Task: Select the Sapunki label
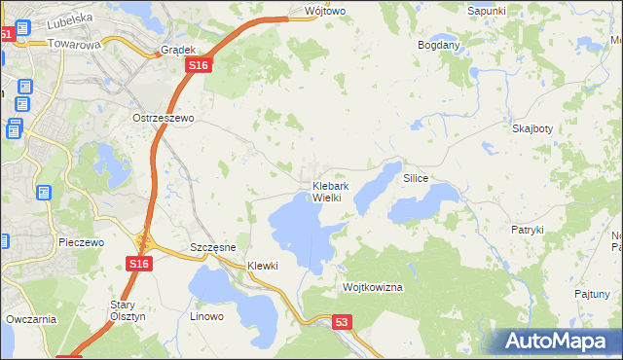486,10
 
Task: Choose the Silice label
416,180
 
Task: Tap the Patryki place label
527,230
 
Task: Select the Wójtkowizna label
373,288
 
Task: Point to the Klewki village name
263,266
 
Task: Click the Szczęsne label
213,248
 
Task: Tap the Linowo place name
206,316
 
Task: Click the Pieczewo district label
81,242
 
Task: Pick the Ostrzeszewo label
164,118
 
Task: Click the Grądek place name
179,49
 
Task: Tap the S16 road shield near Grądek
198,64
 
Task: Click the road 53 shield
341,321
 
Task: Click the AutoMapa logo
558,341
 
